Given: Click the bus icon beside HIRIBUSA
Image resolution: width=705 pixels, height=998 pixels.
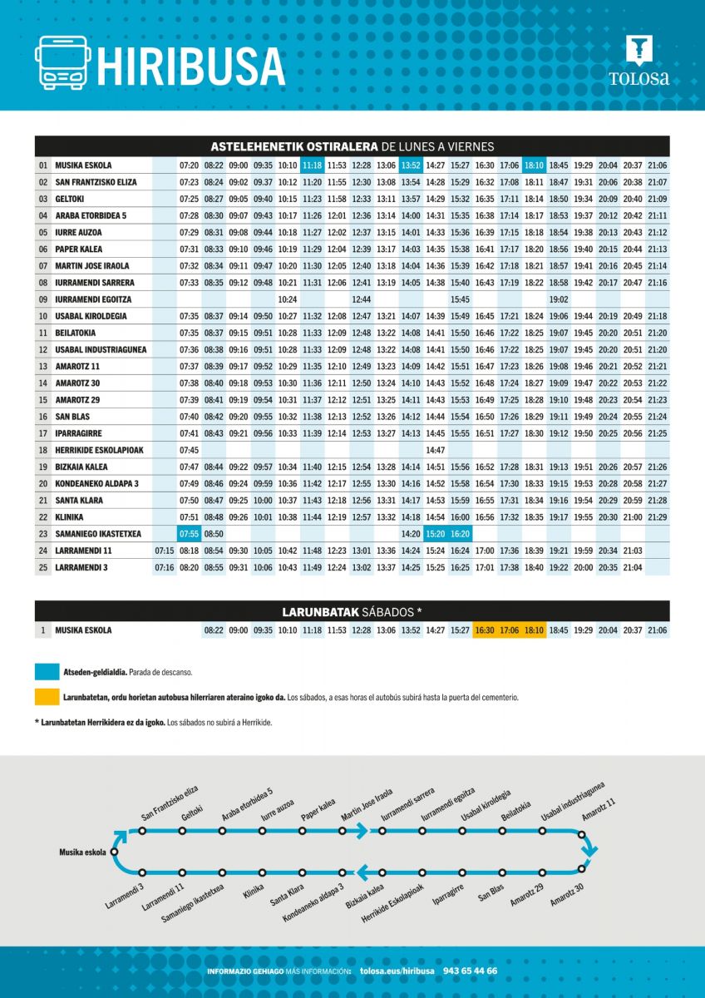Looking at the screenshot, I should [62, 62].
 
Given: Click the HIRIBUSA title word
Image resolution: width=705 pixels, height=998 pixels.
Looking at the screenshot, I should [190, 66].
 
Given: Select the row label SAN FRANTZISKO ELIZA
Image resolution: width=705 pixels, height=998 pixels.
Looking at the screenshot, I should [96, 182].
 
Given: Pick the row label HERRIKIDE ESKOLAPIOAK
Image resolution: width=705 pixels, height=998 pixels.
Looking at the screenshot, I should [100, 450].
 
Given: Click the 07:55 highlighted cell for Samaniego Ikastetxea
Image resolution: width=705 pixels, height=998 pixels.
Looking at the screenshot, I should [189, 534].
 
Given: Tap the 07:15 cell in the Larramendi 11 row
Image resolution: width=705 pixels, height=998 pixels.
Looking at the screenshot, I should [165, 551].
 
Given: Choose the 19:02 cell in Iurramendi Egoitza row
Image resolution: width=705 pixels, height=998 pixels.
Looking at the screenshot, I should [559, 299].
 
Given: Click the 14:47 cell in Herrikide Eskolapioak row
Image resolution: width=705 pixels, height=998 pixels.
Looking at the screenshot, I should [436, 450].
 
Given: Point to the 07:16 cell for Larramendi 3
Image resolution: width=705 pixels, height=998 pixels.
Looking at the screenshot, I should [165, 567].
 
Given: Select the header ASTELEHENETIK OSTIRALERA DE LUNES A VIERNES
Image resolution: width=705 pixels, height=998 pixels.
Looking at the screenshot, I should [352, 146].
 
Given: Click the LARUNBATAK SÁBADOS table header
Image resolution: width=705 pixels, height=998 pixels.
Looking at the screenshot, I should [352, 612].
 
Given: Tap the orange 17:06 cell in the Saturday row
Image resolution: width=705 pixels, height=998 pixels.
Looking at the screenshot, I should [510, 630].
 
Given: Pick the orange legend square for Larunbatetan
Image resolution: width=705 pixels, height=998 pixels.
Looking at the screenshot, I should [46, 697].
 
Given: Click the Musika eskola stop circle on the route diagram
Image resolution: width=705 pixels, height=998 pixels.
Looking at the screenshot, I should [114, 852].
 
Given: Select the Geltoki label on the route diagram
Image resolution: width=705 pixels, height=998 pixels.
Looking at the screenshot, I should [192, 812].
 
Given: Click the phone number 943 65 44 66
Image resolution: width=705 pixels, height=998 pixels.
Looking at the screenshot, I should [471, 971].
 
